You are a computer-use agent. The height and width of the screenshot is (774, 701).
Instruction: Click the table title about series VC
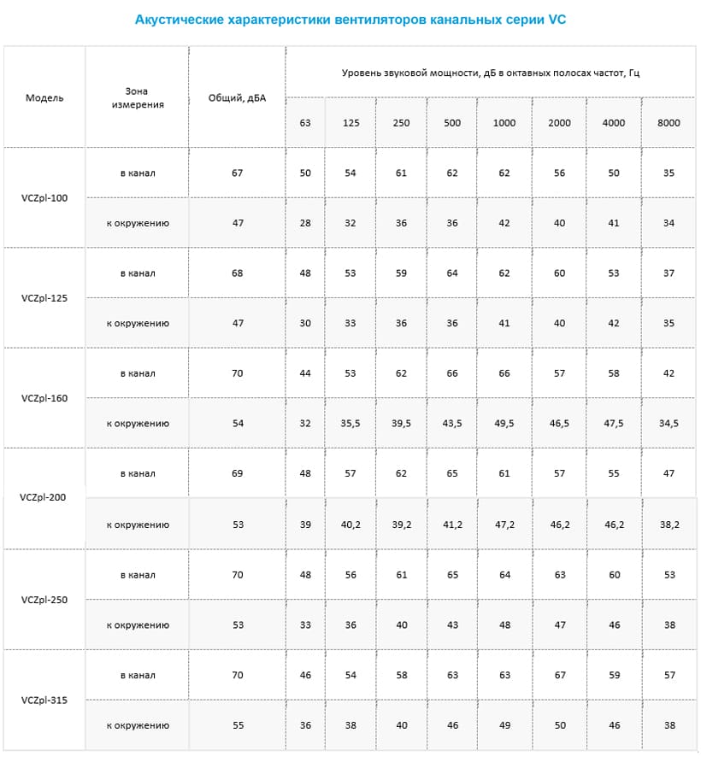[x=350, y=20]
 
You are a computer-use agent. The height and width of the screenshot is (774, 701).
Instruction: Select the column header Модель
[x=44, y=97]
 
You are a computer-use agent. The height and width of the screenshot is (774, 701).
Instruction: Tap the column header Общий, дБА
[x=237, y=98]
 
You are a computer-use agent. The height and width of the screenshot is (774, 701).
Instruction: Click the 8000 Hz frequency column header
[x=669, y=123]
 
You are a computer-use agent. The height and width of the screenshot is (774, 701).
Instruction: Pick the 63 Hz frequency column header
[x=305, y=123]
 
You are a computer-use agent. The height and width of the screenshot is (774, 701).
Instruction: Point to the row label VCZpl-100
[x=44, y=198]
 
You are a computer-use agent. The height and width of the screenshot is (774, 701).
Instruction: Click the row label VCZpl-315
[x=44, y=701]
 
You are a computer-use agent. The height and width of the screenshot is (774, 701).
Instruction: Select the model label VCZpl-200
[x=43, y=497]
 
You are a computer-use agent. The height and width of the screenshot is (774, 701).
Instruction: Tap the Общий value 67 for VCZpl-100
[x=237, y=173]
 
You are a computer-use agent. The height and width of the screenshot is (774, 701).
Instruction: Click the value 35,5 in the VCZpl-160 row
[x=350, y=424]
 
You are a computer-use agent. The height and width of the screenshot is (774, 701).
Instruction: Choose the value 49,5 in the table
[x=504, y=424]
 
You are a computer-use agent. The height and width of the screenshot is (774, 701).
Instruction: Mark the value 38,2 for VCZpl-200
[x=669, y=525]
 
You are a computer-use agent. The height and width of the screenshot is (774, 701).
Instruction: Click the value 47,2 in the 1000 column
[x=504, y=525]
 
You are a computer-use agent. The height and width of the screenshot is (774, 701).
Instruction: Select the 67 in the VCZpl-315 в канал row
[x=560, y=676]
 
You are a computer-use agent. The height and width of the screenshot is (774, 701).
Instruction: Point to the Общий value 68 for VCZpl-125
[x=237, y=273]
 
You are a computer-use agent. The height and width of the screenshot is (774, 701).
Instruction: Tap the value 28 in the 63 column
[x=305, y=223]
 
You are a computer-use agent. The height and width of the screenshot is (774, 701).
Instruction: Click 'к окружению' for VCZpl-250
[x=138, y=625]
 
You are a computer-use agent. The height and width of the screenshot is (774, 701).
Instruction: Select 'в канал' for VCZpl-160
[x=138, y=373]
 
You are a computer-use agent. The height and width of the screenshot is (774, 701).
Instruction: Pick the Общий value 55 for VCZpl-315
[x=237, y=725]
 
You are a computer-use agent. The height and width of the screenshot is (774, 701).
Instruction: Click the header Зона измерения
[x=138, y=97]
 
